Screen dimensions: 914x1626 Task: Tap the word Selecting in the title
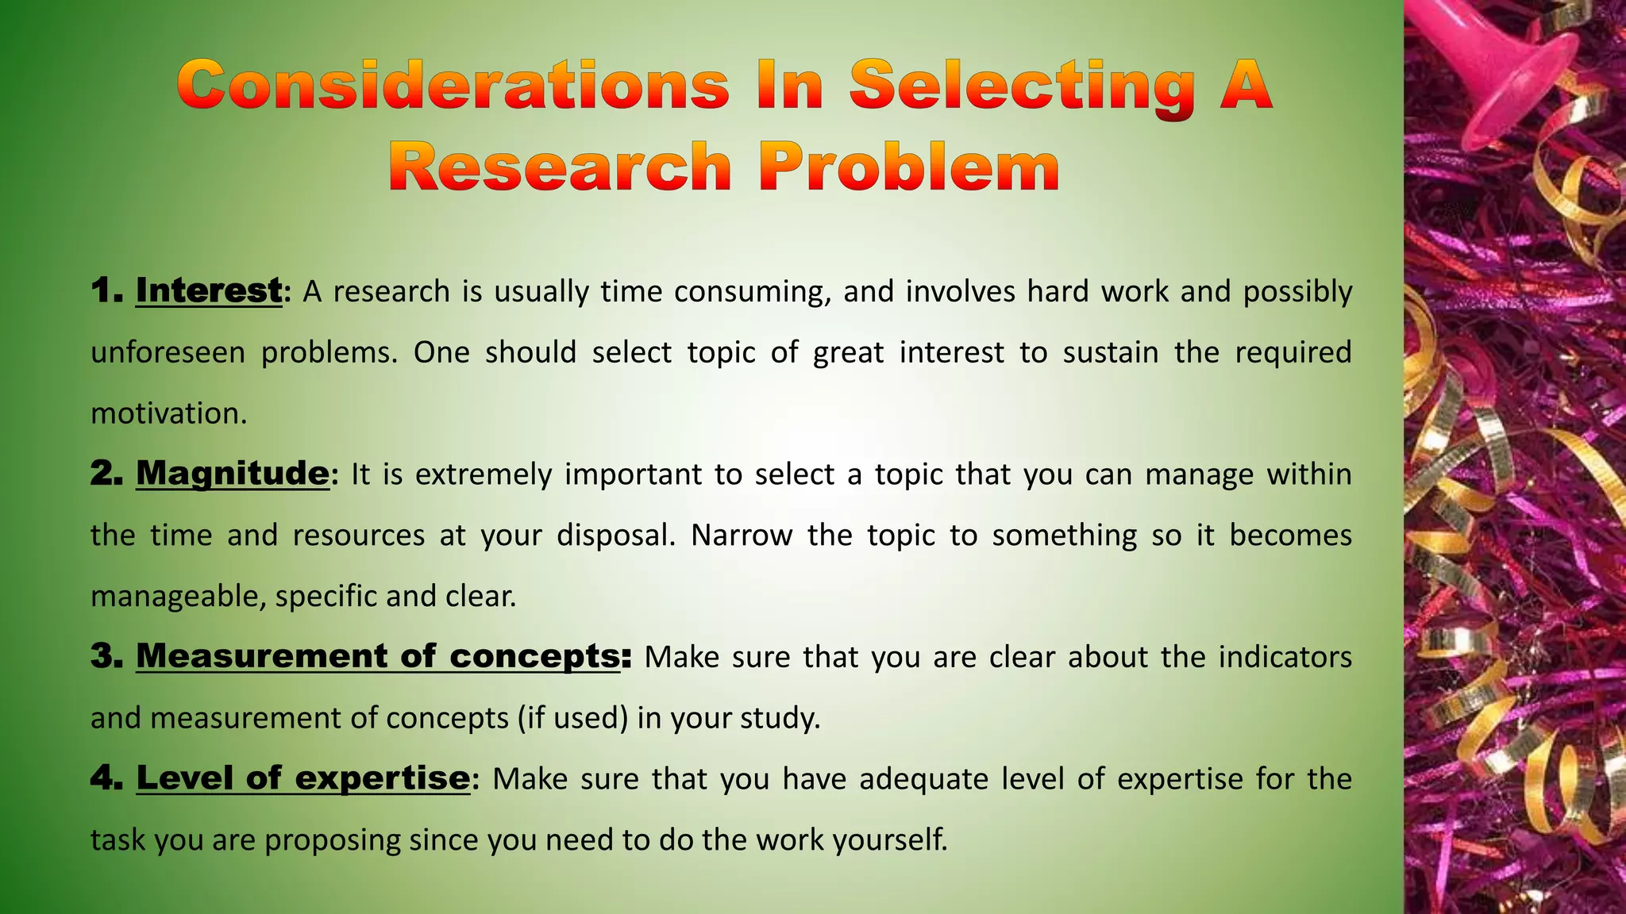click(x=1022, y=87)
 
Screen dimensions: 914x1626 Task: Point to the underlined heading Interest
click(x=209, y=290)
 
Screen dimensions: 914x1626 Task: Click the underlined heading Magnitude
click(x=232, y=474)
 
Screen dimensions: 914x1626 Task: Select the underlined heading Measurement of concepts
click(x=378, y=656)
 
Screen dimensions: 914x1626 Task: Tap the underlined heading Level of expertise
click(x=303, y=778)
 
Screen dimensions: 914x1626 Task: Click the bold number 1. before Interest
click(x=106, y=291)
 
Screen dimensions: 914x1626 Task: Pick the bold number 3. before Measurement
click(x=106, y=657)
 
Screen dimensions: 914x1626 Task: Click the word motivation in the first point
click(x=168, y=413)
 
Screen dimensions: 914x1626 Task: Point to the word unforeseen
click(x=168, y=352)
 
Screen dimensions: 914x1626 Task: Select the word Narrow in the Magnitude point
click(x=741, y=536)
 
